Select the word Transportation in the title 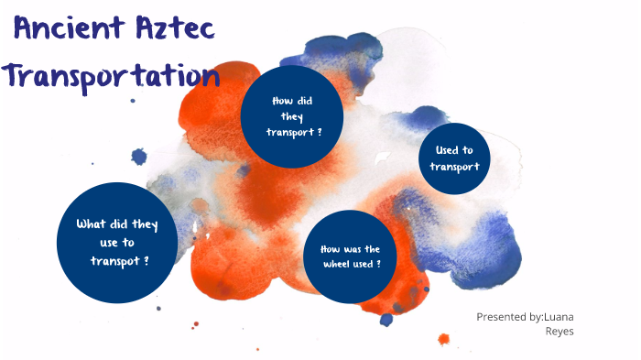pyautogui.click(x=112, y=75)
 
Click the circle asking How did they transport pyautogui.click(x=292, y=115)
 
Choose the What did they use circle pyautogui.click(x=116, y=243)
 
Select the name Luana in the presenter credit pyautogui.click(x=558, y=317)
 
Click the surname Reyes pyautogui.click(x=560, y=332)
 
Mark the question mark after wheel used pyautogui.click(x=378, y=264)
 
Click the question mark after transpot pyautogui.click(x=147, y=261)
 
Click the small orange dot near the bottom pyautogui.click(x=444, y=339)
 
